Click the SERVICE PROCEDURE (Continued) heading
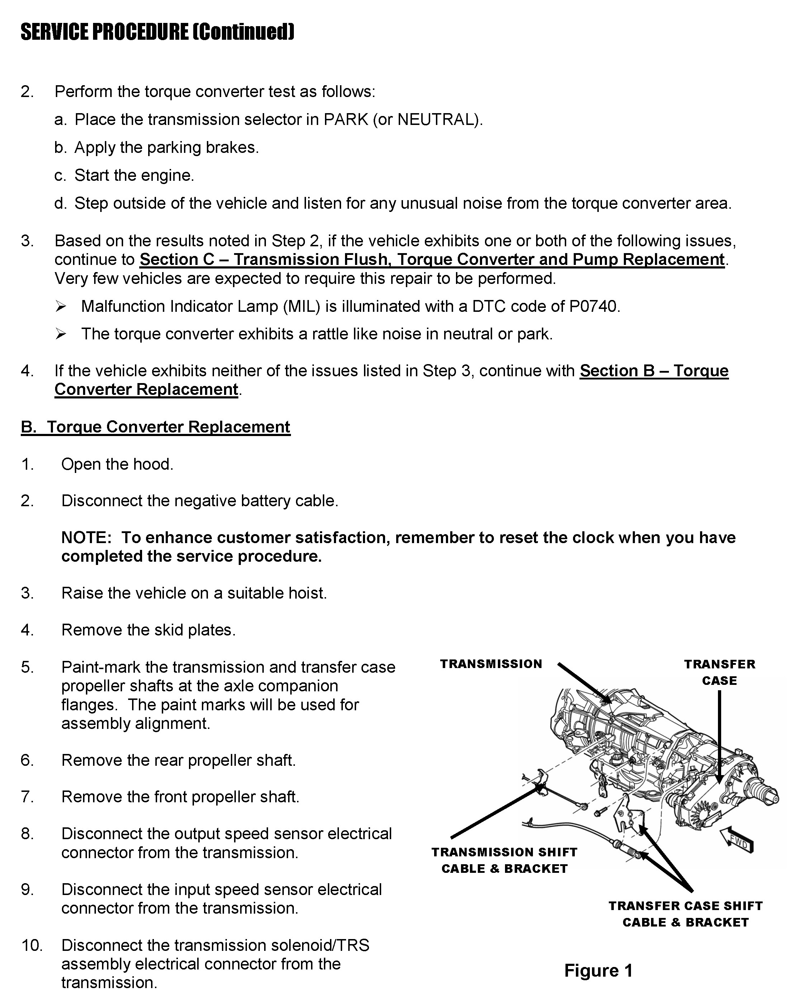157,32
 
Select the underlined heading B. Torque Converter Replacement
156,427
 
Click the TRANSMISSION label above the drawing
491,664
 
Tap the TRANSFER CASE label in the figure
719,672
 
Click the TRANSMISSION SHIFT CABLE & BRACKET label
505,860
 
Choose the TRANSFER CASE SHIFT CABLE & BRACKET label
685,914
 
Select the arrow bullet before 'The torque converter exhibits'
61,334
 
